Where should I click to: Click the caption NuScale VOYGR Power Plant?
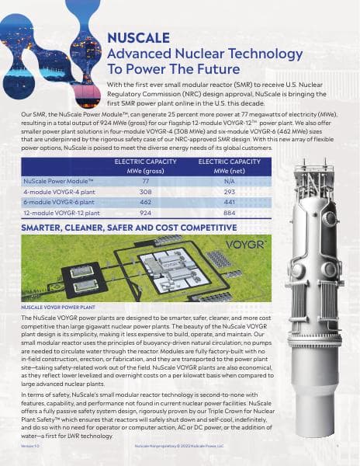coord(54,308)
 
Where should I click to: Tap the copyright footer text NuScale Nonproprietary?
coord(178,447)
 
